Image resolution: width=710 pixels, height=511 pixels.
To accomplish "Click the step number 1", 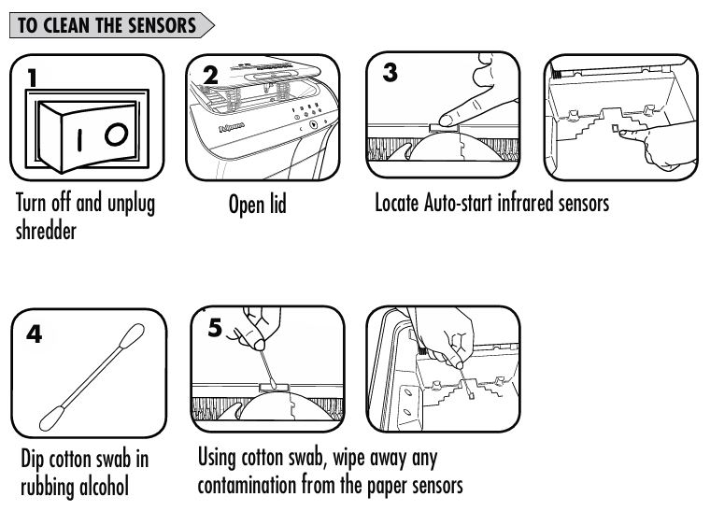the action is click(32, 78).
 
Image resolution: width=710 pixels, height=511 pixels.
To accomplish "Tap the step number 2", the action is click(210, 76).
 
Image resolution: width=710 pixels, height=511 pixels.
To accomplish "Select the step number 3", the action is click(390, 73).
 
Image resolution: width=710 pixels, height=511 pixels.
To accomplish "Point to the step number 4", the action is click(34, 334).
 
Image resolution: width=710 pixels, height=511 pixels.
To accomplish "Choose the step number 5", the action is click(215, 327).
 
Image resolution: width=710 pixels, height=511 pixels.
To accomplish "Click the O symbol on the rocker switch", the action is click(117, 135).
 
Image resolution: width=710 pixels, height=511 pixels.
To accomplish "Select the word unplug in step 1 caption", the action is click(131, 205).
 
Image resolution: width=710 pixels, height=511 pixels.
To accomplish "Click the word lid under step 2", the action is click(278, 204).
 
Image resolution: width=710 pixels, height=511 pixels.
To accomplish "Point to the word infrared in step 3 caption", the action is click(525, 203).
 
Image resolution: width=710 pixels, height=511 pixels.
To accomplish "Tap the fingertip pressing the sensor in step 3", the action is click(446, 121).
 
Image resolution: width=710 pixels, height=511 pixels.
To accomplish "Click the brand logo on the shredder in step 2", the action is click(232, 127).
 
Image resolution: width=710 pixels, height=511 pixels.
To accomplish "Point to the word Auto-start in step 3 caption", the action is click(458, 203).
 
